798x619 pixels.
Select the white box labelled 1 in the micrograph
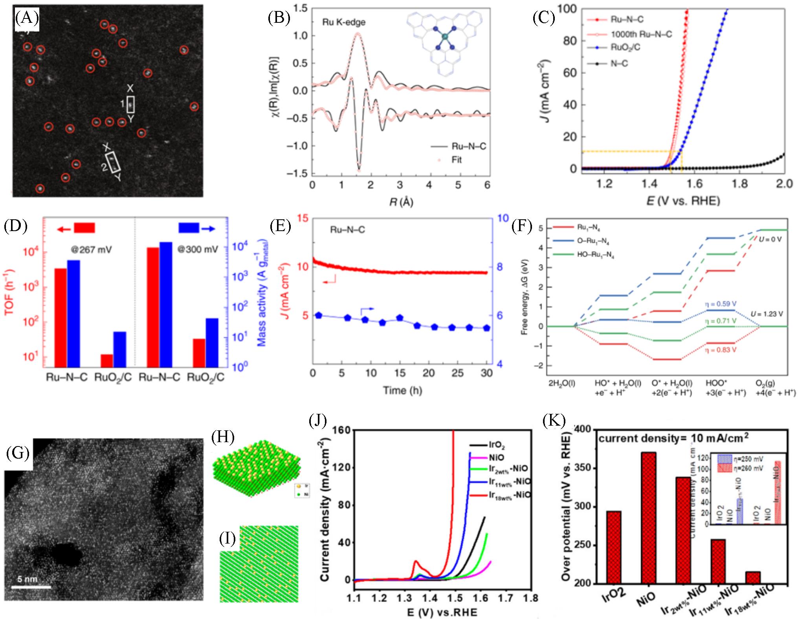[131, 105]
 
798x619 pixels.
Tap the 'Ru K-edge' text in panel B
[344, 22]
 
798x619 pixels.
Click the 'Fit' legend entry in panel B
[456, 160]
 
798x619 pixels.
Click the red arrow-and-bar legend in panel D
[76, 228]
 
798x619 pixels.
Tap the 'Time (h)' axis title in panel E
[400, 390]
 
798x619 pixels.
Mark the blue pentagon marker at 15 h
[400, 318]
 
